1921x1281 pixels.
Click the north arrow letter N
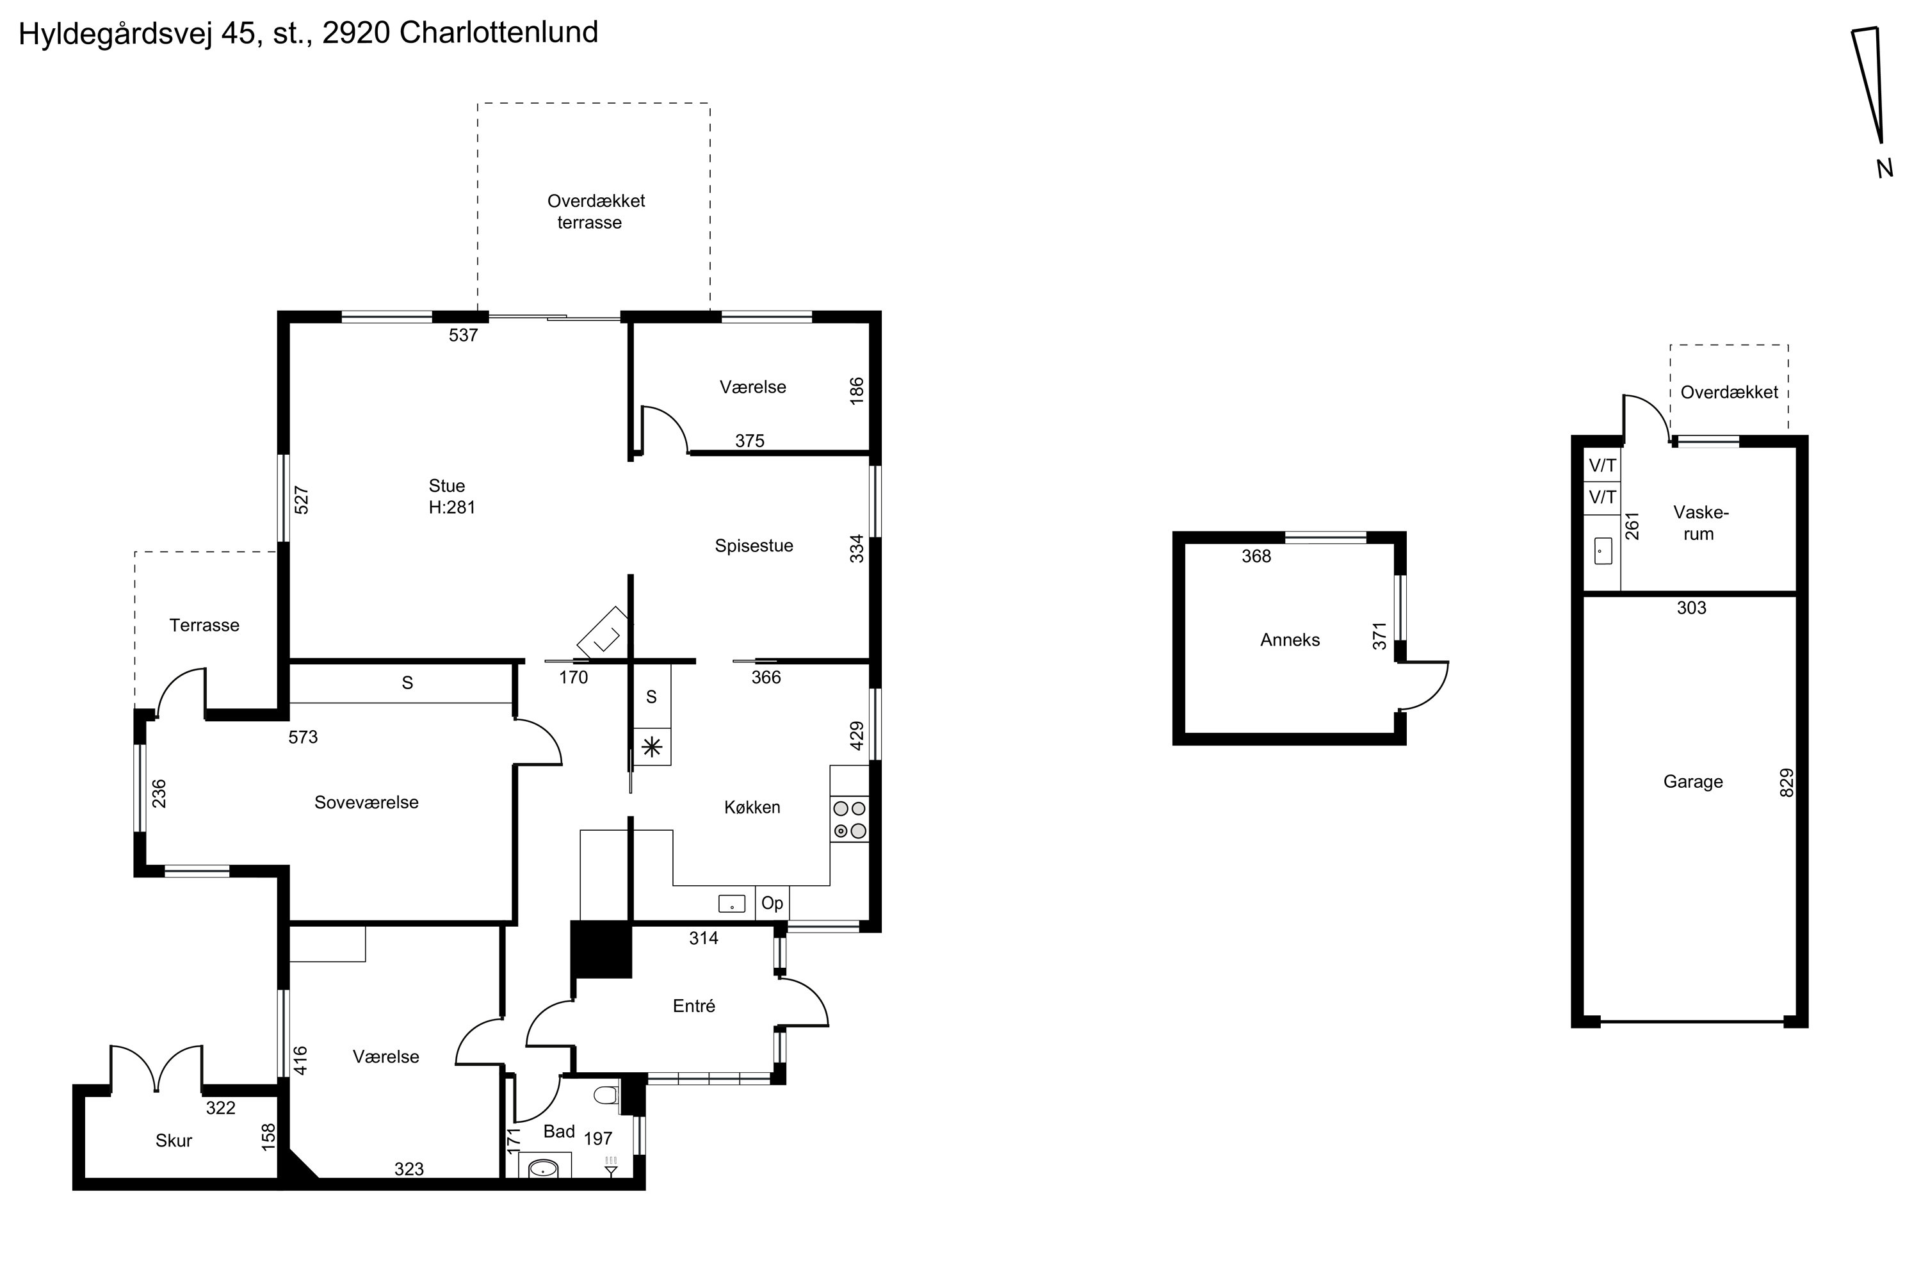pyautogui.click(x=1885, y=168)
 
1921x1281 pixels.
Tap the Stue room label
pyautogui.click(x=447, y=486)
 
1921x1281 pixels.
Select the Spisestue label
pyautogui.click(x=753, y=546)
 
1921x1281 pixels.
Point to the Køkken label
pyautogui.click(x=751, y=807)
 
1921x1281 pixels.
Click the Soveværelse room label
pyautogui.click(x=366, y=803)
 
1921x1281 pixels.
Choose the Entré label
pyautogui.click(x=693, y=1006)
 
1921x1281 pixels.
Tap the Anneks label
pyautogui.click(x=1290, y=640)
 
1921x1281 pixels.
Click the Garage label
pyautogui.click(x=1692, y=782)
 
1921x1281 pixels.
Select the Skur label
pyautogui.click(x=173, y=1141)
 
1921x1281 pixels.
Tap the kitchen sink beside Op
pyautogui.click(x=732, y=904)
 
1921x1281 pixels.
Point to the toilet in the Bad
pyautogui.click(x=605, y=1095)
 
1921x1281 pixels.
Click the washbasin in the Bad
pyautogui.click(x=543, y=1169)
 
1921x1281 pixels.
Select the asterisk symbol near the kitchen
pyautogui.click(x=652, y=747)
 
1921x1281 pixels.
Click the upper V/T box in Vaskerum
pyautogui.click(x=1601, y=466)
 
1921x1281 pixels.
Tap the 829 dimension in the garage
pyautogui.click(x=1787, y=783)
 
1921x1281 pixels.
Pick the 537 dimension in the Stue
pyautogui.click(x=463, y=335)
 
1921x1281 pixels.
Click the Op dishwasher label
pyautogui.click(x=772, y=902)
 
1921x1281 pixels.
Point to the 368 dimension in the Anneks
pyautogui.click(x=1256, y=557)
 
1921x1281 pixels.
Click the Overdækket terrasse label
pyautogui.click(x=595, y=211)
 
